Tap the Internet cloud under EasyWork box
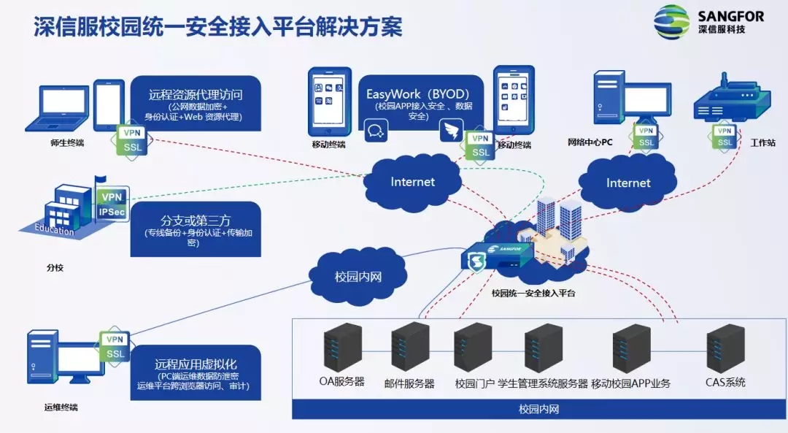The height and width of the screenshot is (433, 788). tap(412, 181)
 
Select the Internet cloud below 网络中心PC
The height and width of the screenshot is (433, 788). tap(627, 183)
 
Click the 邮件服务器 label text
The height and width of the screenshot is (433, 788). tap(409, 383)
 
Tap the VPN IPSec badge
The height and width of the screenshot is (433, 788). tap(112, 204)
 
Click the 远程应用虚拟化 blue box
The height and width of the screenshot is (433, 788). tap(196, 372)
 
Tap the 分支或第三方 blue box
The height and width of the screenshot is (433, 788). tap(196, 228)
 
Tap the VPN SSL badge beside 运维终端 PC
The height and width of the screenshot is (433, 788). tap(115, 347)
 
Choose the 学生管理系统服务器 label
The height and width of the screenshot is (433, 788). tap(543, 383)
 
